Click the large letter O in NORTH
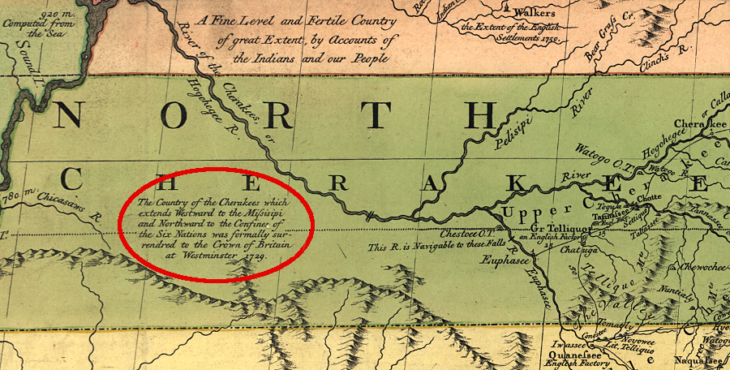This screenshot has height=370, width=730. click(x=172, y=117)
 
